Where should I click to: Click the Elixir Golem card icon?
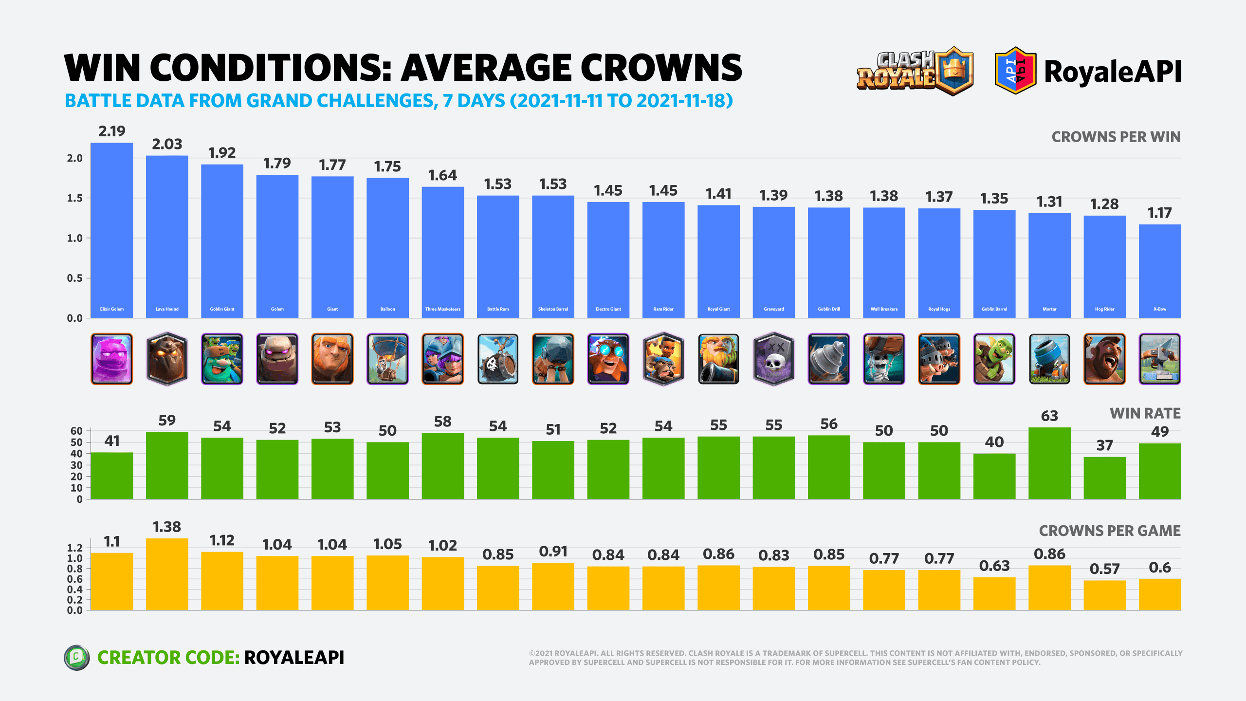111,359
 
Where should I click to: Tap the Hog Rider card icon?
1104,359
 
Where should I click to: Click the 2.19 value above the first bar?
111,131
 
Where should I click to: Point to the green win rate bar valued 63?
1049,463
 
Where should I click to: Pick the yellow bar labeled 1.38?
167,574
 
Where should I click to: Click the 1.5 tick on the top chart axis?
75,198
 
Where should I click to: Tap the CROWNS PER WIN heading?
1116,137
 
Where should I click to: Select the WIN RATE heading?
1145,413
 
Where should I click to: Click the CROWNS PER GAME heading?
1109,531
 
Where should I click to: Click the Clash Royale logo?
915,71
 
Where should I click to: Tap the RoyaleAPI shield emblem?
1015,71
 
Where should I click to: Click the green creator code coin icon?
76,658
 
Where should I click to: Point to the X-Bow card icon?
1159,359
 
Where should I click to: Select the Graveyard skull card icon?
773,359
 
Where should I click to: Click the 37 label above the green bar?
1104,445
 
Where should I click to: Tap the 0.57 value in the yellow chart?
1104,569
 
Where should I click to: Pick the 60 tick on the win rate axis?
76,431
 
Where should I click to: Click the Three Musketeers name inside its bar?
442,309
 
